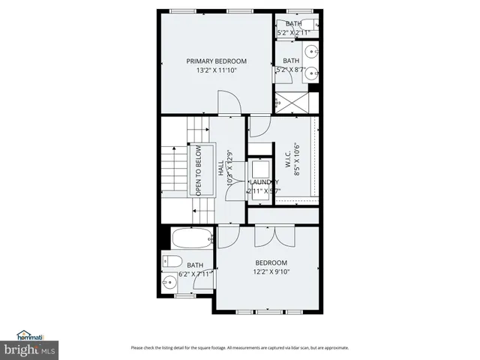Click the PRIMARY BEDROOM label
(216, 61)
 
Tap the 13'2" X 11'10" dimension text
(216, 72)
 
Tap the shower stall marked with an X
(290, 102)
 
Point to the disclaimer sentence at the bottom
(239, 347)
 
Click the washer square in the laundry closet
(261, 169)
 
